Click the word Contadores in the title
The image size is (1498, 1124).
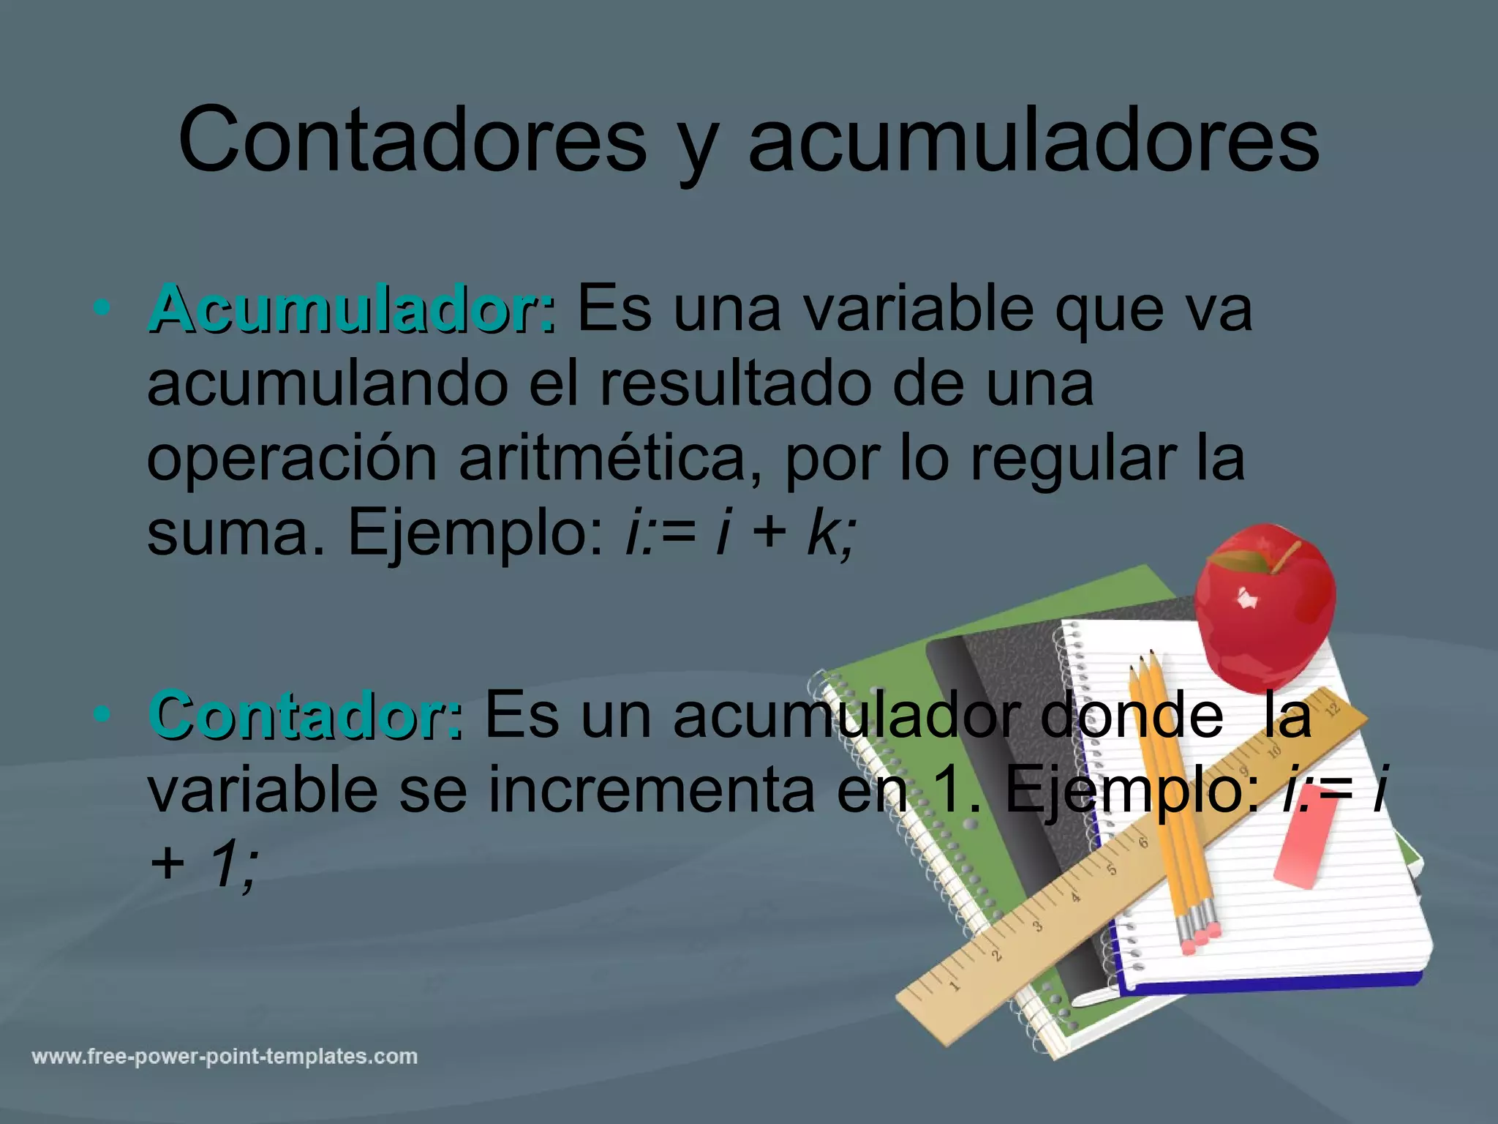tap(412, 139)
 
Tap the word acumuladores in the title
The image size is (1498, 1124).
tap(1033, 139)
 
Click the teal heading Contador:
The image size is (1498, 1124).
tap(306, 716)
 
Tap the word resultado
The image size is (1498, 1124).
tap(736, 383)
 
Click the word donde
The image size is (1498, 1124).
tap(1131, 716)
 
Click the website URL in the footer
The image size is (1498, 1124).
tap(225, 1057)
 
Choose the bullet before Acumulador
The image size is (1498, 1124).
tap(102, 307)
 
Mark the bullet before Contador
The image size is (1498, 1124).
tap(102, 713)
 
